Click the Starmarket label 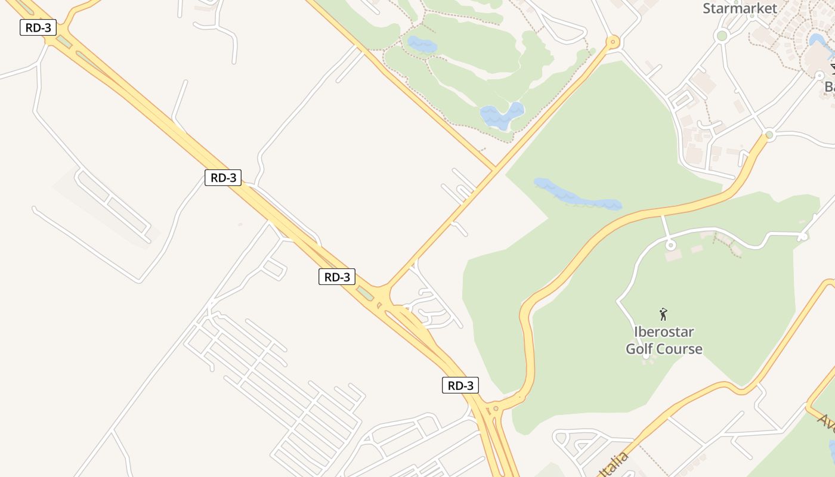tap(740, 8)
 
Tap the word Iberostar tap(664, 332)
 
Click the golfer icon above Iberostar tap(663, 314)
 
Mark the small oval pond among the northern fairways tap(422, 44)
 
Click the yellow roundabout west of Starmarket tap(613, 42)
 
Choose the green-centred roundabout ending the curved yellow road tap(769, 135)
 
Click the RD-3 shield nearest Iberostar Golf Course tap(460, 385)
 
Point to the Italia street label tap(616, 464)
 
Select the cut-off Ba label tap(829, 87)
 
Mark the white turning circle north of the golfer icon tap(670, 245)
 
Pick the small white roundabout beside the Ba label tap(819, 76)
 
